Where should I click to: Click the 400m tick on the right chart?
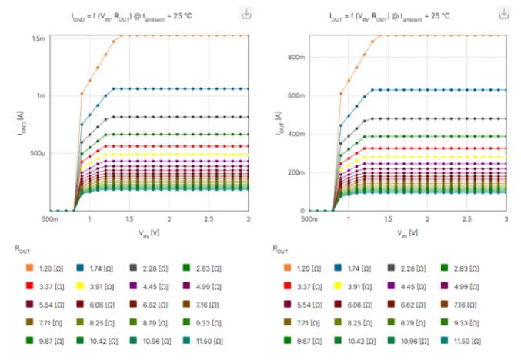[293, 134]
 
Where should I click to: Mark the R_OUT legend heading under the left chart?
[24, 249]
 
